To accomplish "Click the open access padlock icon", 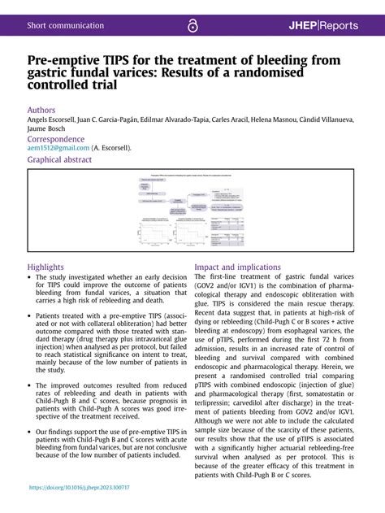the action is point(192,26).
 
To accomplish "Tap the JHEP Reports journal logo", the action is point(322,25).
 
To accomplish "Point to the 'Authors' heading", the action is point(41,110).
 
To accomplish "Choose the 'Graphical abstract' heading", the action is point(59,160).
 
